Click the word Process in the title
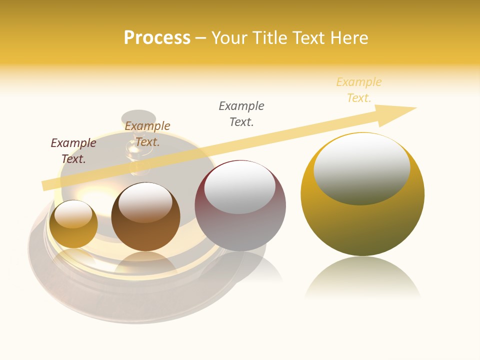[x=157, y=38]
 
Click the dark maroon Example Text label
[x=73, y=150]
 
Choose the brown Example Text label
[x=147, y=134]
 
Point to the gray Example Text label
[x=241, y=113]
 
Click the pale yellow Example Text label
[x=359, y=89]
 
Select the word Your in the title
[x=230, y=38]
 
